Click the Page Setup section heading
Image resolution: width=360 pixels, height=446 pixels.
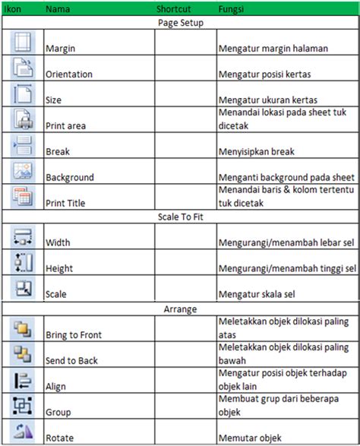179,23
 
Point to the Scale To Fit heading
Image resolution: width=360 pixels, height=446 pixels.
179,217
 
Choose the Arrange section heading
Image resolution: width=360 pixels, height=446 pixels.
179,309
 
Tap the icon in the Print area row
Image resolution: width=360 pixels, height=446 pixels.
22,120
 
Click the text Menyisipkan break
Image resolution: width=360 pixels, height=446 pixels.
256,152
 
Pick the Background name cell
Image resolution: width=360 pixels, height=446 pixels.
70,178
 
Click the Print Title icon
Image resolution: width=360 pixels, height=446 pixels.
22,197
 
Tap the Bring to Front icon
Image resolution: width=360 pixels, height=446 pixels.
22,328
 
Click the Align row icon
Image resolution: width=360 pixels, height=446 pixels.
22,380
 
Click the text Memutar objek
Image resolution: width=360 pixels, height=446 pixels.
250,438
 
